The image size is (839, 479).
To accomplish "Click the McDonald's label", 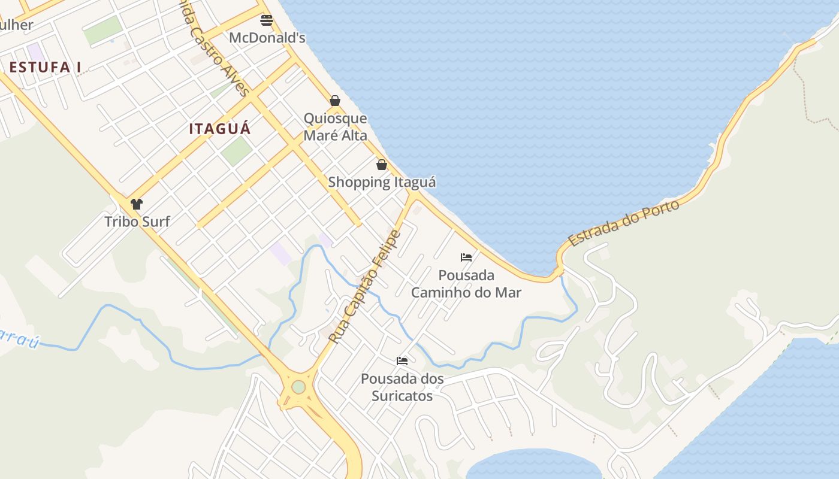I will [267, 38].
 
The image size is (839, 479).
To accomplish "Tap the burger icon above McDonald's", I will [267, 20].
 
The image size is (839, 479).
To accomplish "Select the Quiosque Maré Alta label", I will [335, 127].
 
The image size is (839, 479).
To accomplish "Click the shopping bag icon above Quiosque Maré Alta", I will [335, 101].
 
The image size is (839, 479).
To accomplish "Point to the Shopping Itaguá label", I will [382, 182].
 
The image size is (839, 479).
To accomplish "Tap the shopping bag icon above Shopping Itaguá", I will [382, 165].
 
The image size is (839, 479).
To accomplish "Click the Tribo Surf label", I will [137, 222].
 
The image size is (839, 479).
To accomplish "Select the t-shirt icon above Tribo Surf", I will [137, 204].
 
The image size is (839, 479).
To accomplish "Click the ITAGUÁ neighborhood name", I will [220, 129].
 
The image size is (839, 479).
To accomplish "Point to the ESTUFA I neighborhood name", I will [45, 67].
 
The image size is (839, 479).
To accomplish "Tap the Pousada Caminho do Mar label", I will [466, 284].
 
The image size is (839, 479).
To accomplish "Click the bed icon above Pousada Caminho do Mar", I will [466, 257].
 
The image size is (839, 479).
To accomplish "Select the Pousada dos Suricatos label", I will [402, 387].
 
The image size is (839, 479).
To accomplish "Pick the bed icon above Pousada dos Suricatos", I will [402, 361].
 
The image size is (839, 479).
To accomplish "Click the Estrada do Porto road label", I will [624, 223].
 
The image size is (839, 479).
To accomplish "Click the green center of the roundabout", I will [298, 387].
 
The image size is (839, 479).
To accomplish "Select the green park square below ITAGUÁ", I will [236, 151].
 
